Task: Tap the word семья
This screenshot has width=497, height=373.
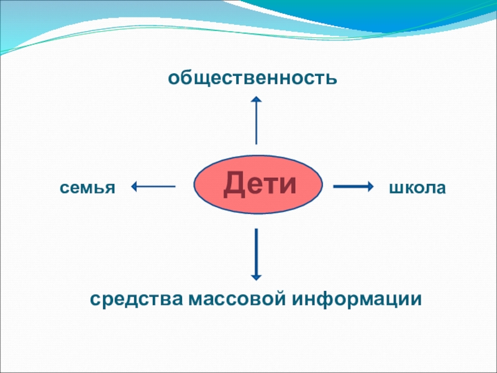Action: [88, 187]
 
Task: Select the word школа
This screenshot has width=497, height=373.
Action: [417, 187]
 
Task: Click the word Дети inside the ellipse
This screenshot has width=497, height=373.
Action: [258, 183]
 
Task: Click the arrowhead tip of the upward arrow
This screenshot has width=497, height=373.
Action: [256, 98]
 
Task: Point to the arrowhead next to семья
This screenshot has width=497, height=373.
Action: [134, 185]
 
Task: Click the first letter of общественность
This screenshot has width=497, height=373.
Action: [172, 79]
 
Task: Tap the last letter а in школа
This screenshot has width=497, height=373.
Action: [440, 188]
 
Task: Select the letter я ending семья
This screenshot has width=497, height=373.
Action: [111, 188]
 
